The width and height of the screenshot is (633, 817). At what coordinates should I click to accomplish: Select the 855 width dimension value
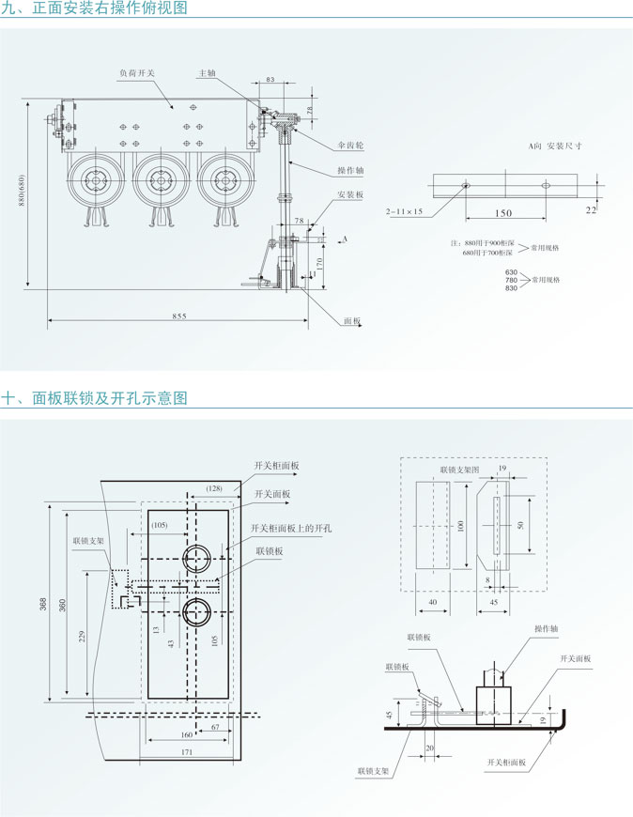(178, 316)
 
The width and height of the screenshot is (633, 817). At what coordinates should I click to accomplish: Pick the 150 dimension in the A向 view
(503, 213)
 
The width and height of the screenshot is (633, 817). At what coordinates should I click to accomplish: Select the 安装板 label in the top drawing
(349, 194)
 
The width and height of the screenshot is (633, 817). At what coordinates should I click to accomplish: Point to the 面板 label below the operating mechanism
(351, 321)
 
